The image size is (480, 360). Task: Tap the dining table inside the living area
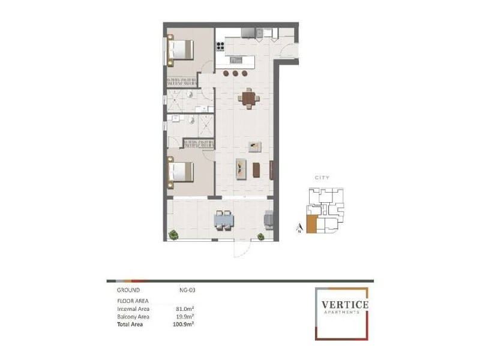point(248,98)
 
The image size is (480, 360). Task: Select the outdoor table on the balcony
point(224,221)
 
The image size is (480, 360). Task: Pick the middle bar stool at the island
point(236,74)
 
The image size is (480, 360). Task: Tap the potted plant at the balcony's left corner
point(174,234)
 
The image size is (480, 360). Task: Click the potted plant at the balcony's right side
point(262,236)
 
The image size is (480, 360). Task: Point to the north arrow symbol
point(298,227)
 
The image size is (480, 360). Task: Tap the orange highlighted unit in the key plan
point(311,224)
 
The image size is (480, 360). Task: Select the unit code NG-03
point(187,290)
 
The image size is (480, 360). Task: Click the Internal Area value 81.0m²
point(185,309)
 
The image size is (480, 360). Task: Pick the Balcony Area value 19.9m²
point(185,316)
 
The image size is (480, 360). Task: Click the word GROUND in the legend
point(128,290)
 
